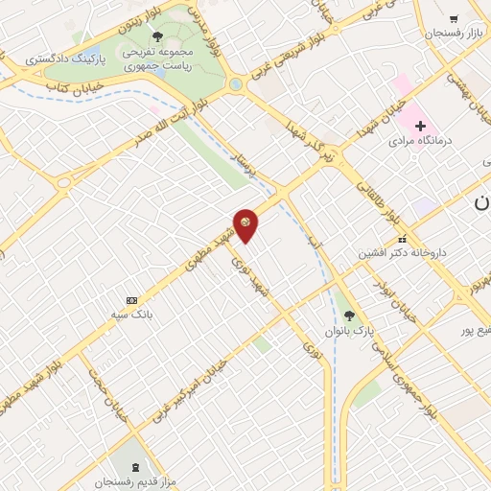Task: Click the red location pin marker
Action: click(x=246, y=225)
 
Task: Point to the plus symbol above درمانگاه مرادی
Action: click(x=420, y=126)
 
